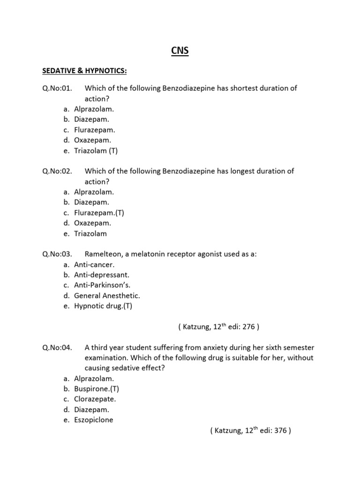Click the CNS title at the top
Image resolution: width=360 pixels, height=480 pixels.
tap(180, 51)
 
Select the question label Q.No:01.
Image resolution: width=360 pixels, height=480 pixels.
tap(57, 88)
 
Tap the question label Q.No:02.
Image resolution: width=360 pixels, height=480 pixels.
tap(57, 171)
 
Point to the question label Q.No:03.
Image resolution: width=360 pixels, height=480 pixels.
tap(57, 254)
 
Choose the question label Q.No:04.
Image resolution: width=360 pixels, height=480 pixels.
tap(57, 347)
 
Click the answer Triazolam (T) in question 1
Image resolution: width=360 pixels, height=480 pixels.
tap(96, 150)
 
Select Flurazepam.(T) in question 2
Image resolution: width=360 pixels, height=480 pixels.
tap(99, 213)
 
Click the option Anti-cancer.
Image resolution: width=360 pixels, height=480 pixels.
tap(94, 264)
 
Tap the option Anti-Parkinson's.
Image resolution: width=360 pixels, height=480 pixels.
tap(101, 285)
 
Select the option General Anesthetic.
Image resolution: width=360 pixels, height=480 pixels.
tap(107, 296)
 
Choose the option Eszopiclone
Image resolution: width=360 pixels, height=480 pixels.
tap(93, 420)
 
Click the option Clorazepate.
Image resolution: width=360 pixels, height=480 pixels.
tap(95, 399)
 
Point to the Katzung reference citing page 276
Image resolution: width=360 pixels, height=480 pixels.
tap(218, 327)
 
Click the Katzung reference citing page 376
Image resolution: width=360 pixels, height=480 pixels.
tap(251, 431)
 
